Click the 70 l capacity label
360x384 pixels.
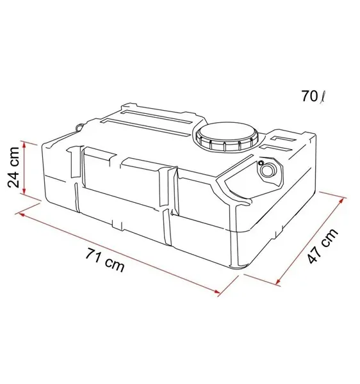[x=314, y=96]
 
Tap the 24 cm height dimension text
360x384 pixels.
[x=13, y=167]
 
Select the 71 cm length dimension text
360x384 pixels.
[x=105, y=260]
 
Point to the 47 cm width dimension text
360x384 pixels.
[x=323, y=246]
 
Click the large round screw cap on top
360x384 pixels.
[x=227, y=136]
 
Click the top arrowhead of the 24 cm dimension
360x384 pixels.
[x=24, y=145]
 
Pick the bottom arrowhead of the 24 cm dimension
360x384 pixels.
[x=24, y=191]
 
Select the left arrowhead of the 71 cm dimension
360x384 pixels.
[x=21, y=214]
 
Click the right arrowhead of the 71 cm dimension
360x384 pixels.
[x=217, y=291]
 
